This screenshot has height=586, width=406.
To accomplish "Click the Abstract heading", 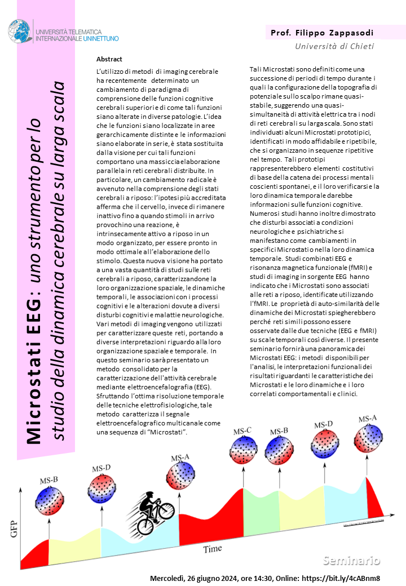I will [x=109, y=59].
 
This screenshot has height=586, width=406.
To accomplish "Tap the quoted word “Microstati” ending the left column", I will [x=167, y=432].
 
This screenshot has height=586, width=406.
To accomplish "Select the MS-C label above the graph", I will [x=242, y=432].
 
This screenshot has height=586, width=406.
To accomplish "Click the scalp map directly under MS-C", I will [x=243, y=451].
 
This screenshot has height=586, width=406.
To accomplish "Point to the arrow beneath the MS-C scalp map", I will [x=243, y=477].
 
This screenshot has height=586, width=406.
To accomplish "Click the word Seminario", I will [x=351, y=560].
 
